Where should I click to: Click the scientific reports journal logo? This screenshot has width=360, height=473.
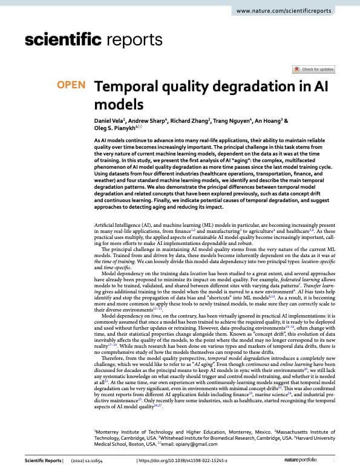(94, 40)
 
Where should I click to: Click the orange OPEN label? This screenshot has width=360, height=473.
(71, 85)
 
